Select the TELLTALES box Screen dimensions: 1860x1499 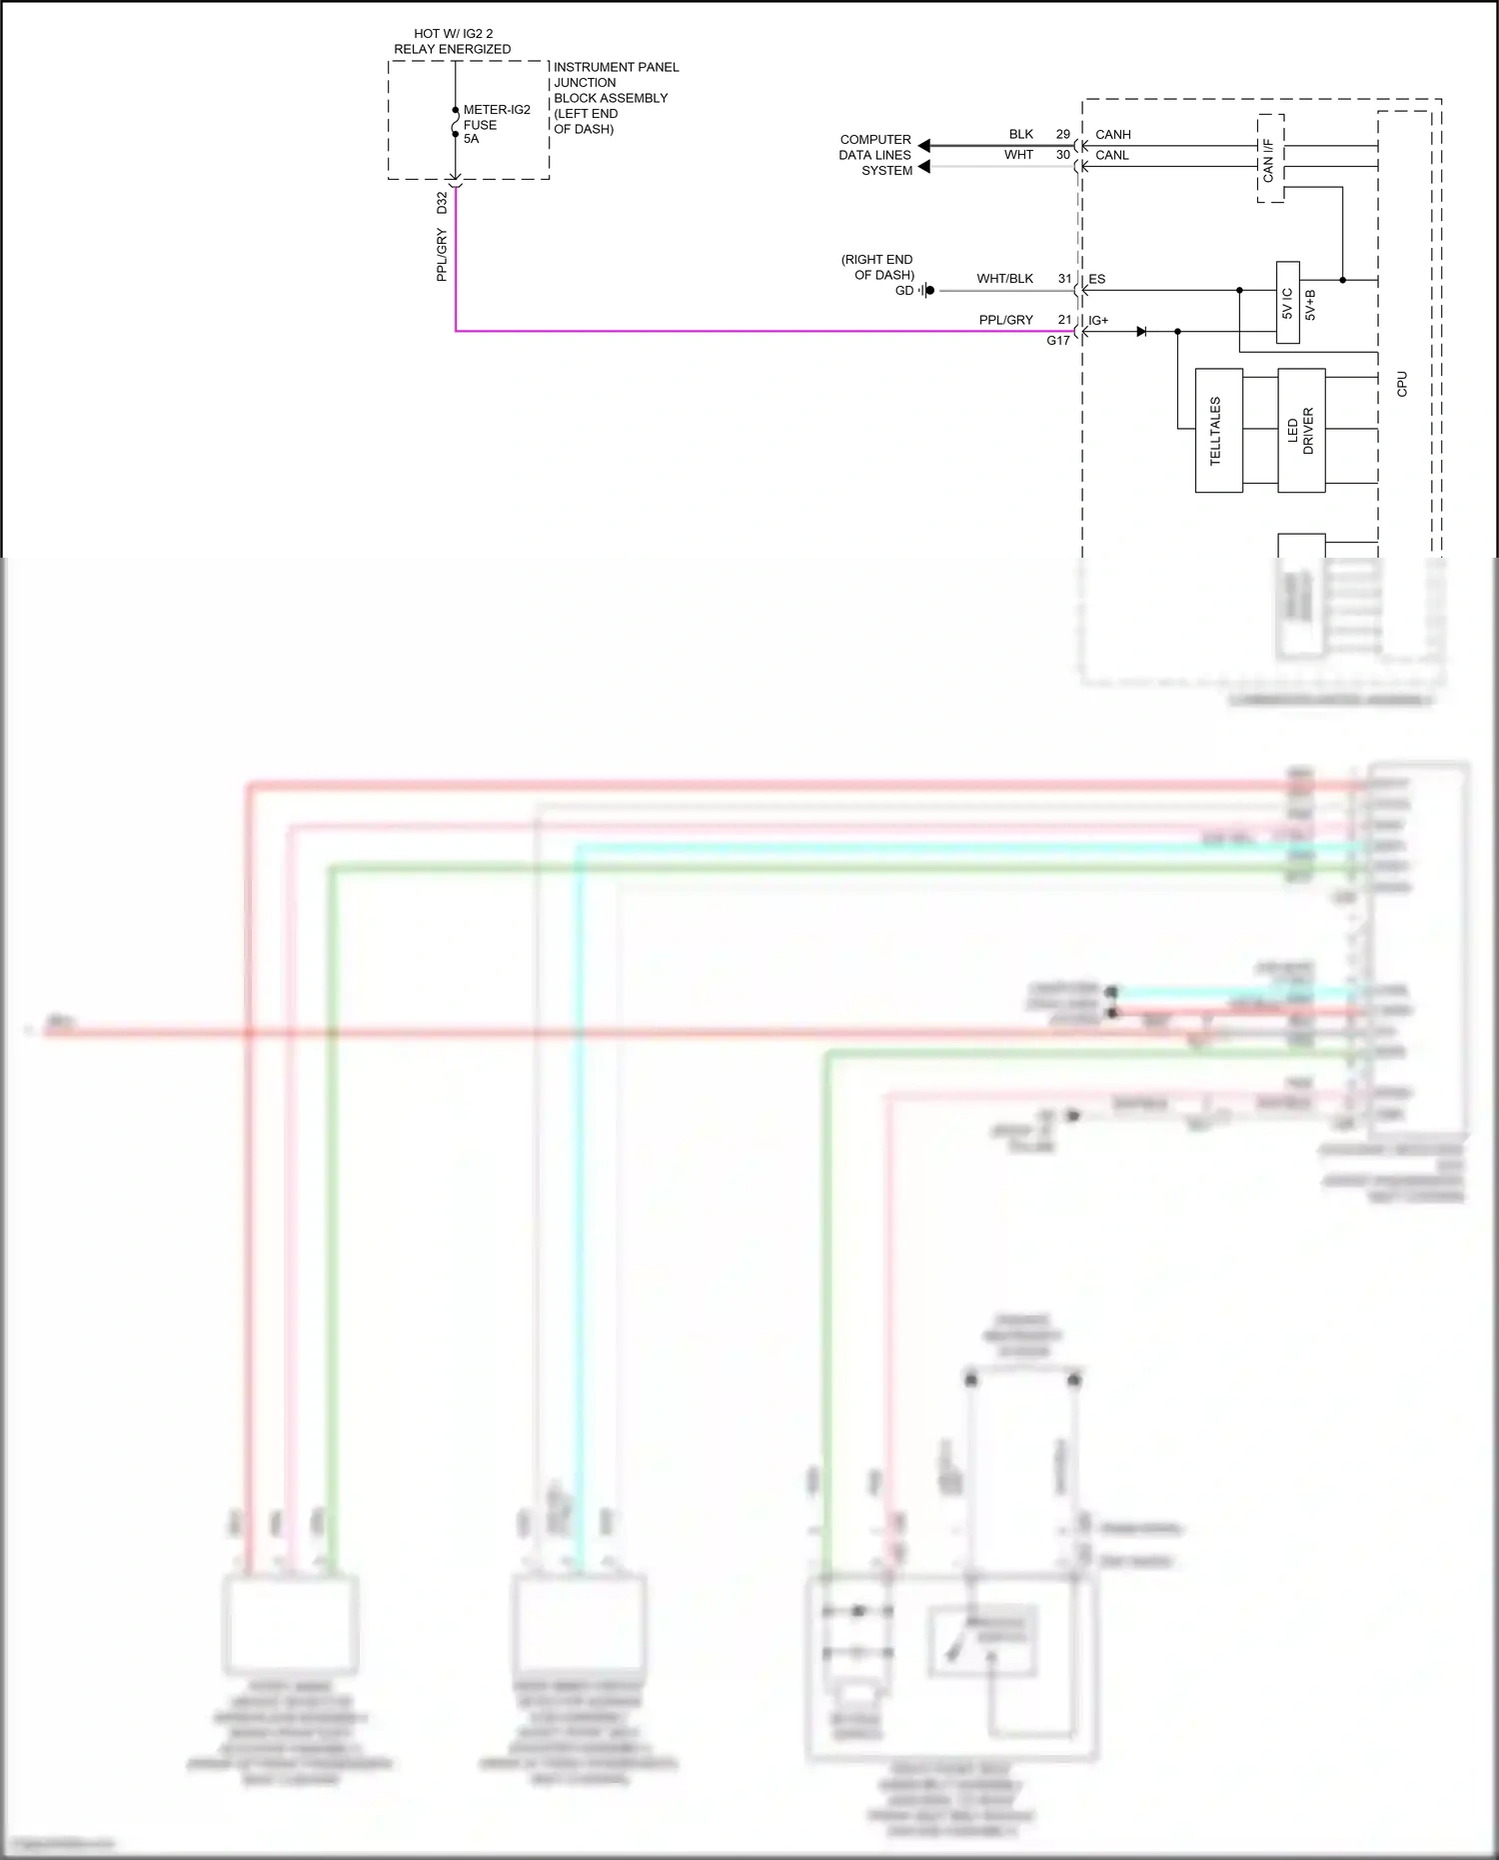[x=1218, y=431]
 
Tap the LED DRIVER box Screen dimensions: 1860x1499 [x=1301, y=431]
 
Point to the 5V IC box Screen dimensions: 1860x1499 [x=1287, y=303]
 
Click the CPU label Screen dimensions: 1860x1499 [x=1402, y=384]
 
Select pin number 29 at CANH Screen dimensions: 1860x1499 [x=1062, y=134]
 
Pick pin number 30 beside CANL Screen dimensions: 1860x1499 [x=1062, y=155]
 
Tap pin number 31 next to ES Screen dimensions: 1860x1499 [x=1064, y=279]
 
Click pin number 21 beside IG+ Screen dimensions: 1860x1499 [x=1064, y=320]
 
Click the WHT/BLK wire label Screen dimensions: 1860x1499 [x=1004, y=279]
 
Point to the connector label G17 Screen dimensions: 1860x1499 [x=1057, y=341]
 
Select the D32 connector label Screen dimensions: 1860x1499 [x=442, y=203]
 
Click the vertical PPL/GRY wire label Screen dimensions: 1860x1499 [x=442, y=255]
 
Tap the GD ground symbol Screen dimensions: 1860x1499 [x=926, y=291]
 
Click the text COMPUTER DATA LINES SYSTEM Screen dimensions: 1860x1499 [x=875, y=155]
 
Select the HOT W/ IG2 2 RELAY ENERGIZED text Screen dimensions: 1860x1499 [x=453, y=41]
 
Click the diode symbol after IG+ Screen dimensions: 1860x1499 [x=1141, y=331]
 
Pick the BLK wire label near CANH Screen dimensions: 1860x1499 [x=1020, y=134]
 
